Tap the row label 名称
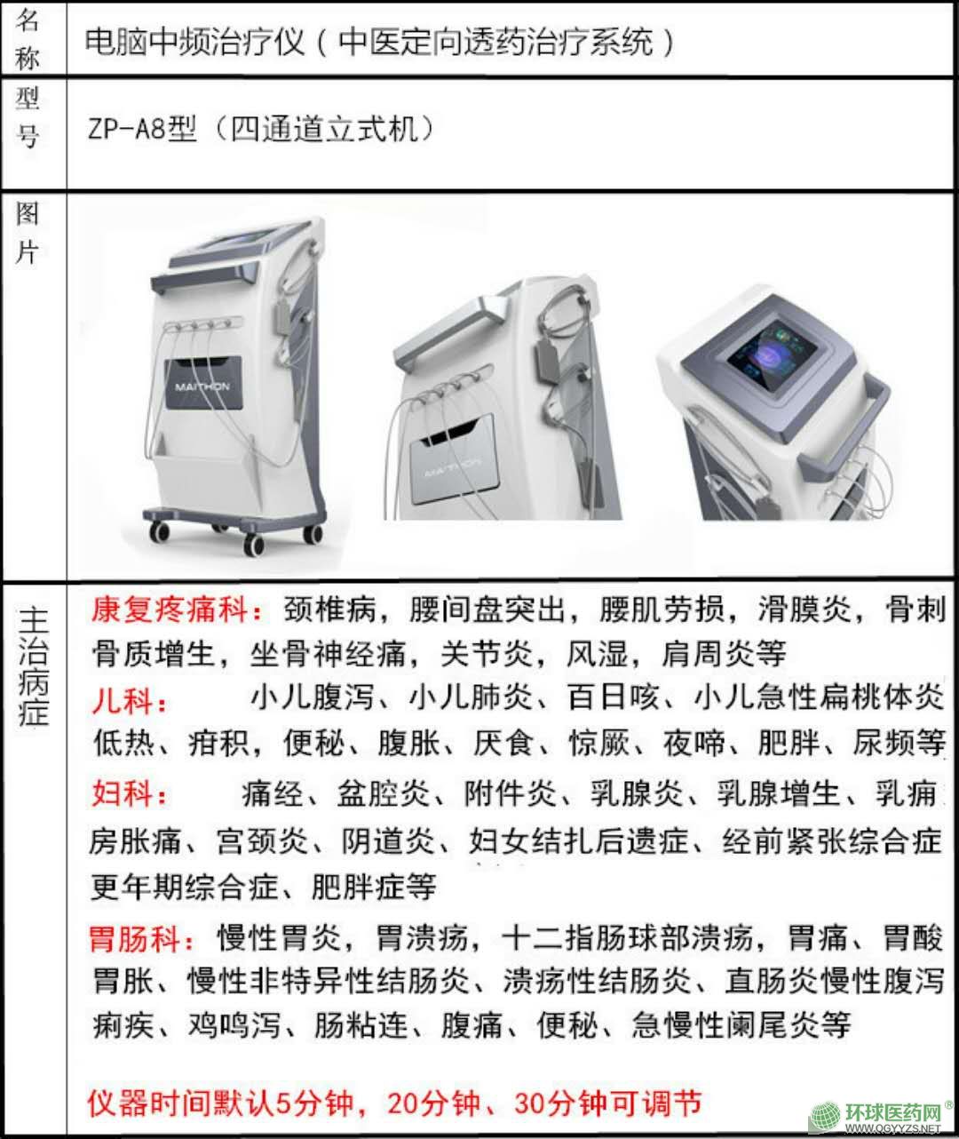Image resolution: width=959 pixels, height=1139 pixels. pos(28,38)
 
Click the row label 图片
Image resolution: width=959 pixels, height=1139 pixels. pos(28,234)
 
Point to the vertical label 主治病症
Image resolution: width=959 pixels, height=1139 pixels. pos(34,666)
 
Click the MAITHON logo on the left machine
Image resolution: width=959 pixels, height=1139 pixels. pos(202,386)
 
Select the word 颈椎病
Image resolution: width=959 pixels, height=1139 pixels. pos(329,609)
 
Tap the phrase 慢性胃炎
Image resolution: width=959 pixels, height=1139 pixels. pos(278,938)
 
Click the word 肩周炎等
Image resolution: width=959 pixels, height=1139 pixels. pos(724,654)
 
